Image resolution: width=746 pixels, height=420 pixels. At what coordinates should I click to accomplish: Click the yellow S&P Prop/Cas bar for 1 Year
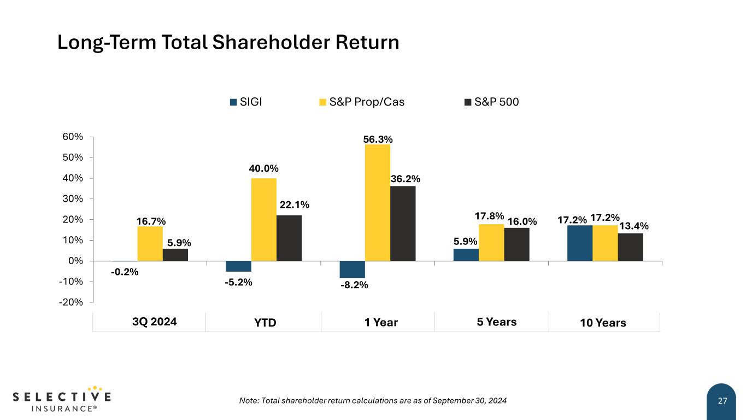[x=378, y=203]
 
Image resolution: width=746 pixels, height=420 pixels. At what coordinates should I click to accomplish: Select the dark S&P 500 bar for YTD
[x=289, y=238]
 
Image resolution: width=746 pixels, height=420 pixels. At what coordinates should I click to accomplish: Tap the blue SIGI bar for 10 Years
[x=580, y=243]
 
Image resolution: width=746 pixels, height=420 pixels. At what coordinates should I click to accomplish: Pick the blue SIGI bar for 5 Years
[x=466, y=255]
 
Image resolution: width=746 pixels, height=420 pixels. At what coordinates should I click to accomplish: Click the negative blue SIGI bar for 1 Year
[x=353, y=269]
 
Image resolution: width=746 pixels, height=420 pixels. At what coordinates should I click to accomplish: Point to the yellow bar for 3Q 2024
[x=150, y=244]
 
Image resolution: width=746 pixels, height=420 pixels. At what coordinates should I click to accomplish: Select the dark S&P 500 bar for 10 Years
[x=631, y=247]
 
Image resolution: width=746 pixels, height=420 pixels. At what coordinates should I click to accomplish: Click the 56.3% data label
[x=378, y=139]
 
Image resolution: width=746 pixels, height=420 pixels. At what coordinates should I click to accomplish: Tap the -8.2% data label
[x=354, y=285]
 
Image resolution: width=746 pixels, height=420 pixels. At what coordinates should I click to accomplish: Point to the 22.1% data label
[x=295, y=205]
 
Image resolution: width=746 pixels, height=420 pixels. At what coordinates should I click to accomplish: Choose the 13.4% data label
[x=634, y=226]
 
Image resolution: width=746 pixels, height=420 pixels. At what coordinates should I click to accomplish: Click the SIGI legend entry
[x=246, y=102]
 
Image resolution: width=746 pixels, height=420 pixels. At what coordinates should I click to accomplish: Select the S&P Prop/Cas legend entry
[x=362, y=102]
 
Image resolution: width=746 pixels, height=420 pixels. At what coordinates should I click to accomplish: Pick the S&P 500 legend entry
[x=491, y=102]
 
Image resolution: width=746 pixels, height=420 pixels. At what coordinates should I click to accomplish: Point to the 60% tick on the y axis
[x=73, y=137]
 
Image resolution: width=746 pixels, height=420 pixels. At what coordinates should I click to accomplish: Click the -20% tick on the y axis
[x=71, y=302]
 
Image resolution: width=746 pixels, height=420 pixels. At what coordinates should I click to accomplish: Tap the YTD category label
[x=265, y=323]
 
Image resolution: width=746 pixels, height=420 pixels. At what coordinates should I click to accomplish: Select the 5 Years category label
[x=497, y=322]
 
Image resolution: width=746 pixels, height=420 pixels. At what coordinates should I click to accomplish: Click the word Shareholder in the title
[x=271, y=42]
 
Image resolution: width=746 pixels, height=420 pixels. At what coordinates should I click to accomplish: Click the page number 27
[x=722, y=401]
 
